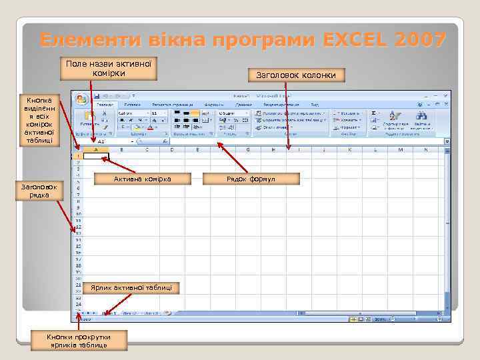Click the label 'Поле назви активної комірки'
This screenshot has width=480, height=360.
[108, 68]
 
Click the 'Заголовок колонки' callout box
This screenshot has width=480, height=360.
[296, 75]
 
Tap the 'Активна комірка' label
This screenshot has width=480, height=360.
[143, 179]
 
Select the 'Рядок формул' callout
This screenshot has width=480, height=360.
[251, 179]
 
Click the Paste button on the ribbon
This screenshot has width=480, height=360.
[87, 119]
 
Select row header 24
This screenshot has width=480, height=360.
[78, 303]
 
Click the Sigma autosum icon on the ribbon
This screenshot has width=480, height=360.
[374, 113]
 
